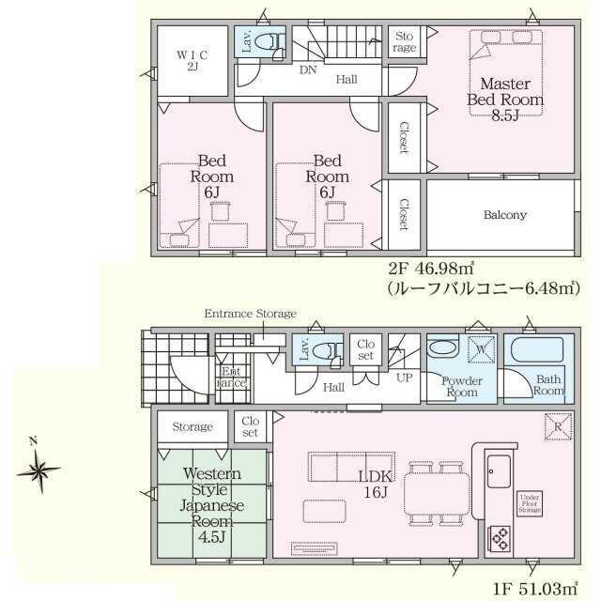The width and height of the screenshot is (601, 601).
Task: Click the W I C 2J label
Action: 193,60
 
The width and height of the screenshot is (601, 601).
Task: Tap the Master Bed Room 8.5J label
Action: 505,100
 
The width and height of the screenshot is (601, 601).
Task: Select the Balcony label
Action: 505,215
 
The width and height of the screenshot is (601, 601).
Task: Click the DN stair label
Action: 308,69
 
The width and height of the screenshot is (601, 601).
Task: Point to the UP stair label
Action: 404,378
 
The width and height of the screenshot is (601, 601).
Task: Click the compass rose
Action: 39,469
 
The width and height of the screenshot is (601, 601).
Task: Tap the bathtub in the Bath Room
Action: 536,349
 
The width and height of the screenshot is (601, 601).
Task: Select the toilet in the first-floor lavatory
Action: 326,350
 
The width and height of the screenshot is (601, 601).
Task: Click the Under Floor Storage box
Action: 530,503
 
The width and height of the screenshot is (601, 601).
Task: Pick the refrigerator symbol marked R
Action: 558,426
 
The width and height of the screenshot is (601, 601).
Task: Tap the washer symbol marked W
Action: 482,349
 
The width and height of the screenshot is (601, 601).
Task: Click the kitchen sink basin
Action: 499,471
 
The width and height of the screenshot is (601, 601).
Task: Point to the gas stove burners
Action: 500,539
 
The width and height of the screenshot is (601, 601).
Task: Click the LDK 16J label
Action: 376,485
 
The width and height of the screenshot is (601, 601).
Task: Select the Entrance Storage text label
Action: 251,314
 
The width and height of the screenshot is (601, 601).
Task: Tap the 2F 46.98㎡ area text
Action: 431,269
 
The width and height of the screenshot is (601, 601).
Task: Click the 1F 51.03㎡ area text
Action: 535,589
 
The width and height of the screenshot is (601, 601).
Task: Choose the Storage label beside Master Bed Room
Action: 405,41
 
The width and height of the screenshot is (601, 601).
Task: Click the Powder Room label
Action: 462,386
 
